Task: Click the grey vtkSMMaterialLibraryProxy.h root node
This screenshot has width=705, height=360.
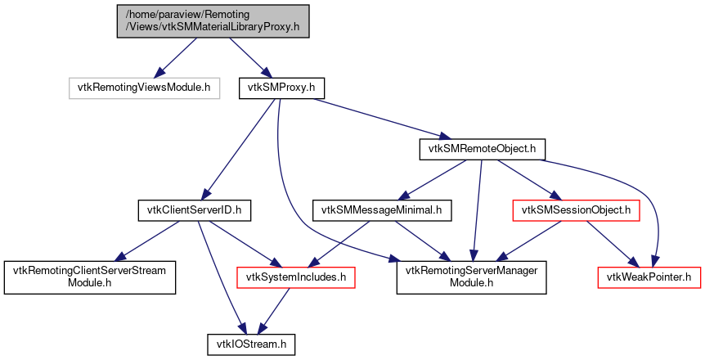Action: (213, 20)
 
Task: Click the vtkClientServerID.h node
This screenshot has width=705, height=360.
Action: (193, 211)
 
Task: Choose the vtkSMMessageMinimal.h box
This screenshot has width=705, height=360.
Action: (381, 211)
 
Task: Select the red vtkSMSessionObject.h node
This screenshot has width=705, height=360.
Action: (575, 211)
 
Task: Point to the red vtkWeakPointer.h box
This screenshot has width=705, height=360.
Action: (649, 277)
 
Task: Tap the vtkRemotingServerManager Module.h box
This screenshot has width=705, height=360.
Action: (471, 277)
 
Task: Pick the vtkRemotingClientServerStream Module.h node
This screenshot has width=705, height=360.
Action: (90, 277)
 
